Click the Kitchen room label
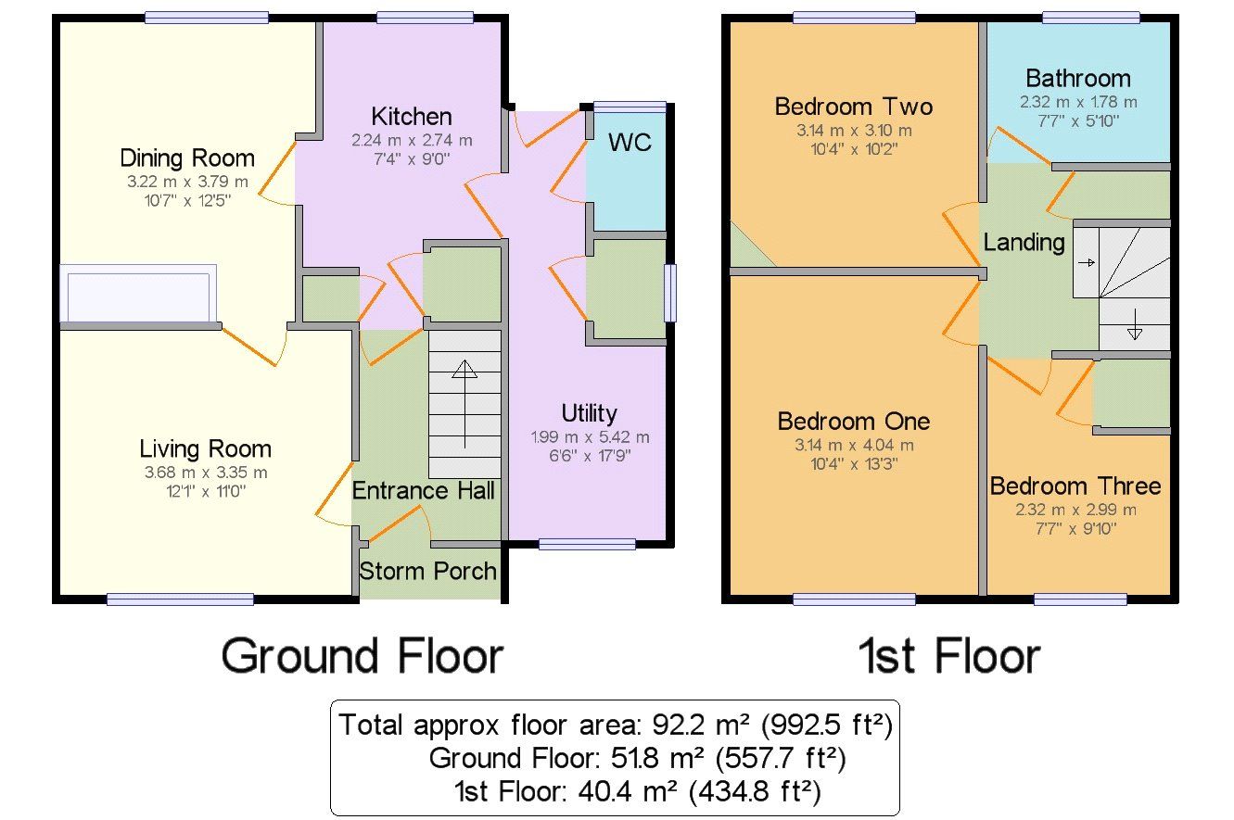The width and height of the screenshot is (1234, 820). [412, 117]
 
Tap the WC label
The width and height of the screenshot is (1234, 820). [630, 142]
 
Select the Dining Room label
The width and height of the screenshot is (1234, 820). [187, 158]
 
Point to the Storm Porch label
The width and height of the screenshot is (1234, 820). [428, 571]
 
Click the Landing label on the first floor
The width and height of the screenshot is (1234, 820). [1024, 243]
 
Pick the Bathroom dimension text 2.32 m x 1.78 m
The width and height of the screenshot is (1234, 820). [1078, 102]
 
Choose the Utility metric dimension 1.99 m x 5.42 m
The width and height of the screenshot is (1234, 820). [590, 437]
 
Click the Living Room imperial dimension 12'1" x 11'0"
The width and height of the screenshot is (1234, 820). [206, 491]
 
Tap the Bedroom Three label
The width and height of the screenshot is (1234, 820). [1075, 486]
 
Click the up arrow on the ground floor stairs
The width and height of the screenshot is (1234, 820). [465, 404]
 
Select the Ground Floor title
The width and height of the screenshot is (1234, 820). [363, 656]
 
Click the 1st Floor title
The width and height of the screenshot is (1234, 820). [949, 656]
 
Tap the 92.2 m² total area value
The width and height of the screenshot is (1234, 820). [701, 725]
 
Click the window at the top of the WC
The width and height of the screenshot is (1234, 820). [630, 107]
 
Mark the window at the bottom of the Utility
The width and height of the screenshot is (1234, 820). [587, 545]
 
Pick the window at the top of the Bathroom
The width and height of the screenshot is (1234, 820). [1091, 18]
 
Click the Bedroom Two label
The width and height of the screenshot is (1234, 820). [854, 107]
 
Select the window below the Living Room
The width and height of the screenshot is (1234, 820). [180, 599]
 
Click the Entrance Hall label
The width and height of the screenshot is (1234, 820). [423, 491]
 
